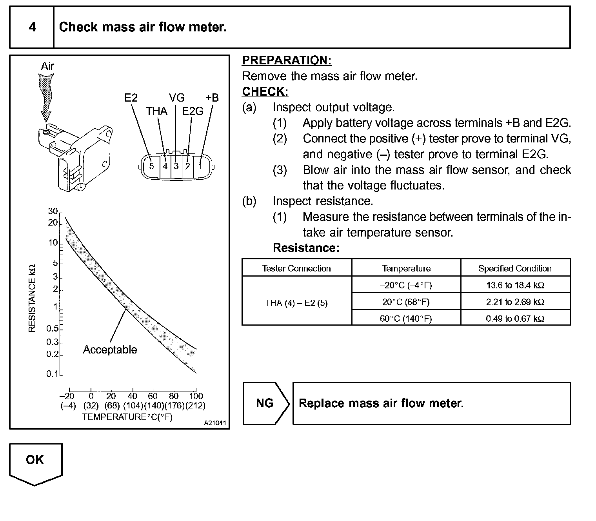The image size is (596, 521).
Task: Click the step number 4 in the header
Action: [32, 27]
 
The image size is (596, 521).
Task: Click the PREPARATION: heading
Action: [287, 60]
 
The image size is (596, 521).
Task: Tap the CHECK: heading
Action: [265, 92]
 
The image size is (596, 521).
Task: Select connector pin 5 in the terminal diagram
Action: [152, 166]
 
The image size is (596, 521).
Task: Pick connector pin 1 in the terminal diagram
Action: [200, 166]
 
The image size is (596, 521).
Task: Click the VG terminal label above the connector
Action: [177, 98]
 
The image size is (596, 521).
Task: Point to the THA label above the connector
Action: [156, 111]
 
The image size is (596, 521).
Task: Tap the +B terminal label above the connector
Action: [212, 98]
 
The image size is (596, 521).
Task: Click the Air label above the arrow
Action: [47, 66]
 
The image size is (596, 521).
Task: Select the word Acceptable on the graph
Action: [110, 350]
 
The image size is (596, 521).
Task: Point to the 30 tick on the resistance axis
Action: [53, 211]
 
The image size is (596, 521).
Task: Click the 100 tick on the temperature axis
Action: [196, 396]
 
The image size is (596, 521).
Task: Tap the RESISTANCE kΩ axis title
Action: [32, 298]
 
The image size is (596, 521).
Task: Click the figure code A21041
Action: [215, 423]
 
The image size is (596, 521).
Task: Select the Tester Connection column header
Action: [296, 268]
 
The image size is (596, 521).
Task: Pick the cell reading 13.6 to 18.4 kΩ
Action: [515, 285]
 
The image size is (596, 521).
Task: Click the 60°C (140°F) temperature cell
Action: [406, 319]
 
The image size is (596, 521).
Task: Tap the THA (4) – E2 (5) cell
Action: [296, 303]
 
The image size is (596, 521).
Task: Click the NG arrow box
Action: [265, 403]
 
